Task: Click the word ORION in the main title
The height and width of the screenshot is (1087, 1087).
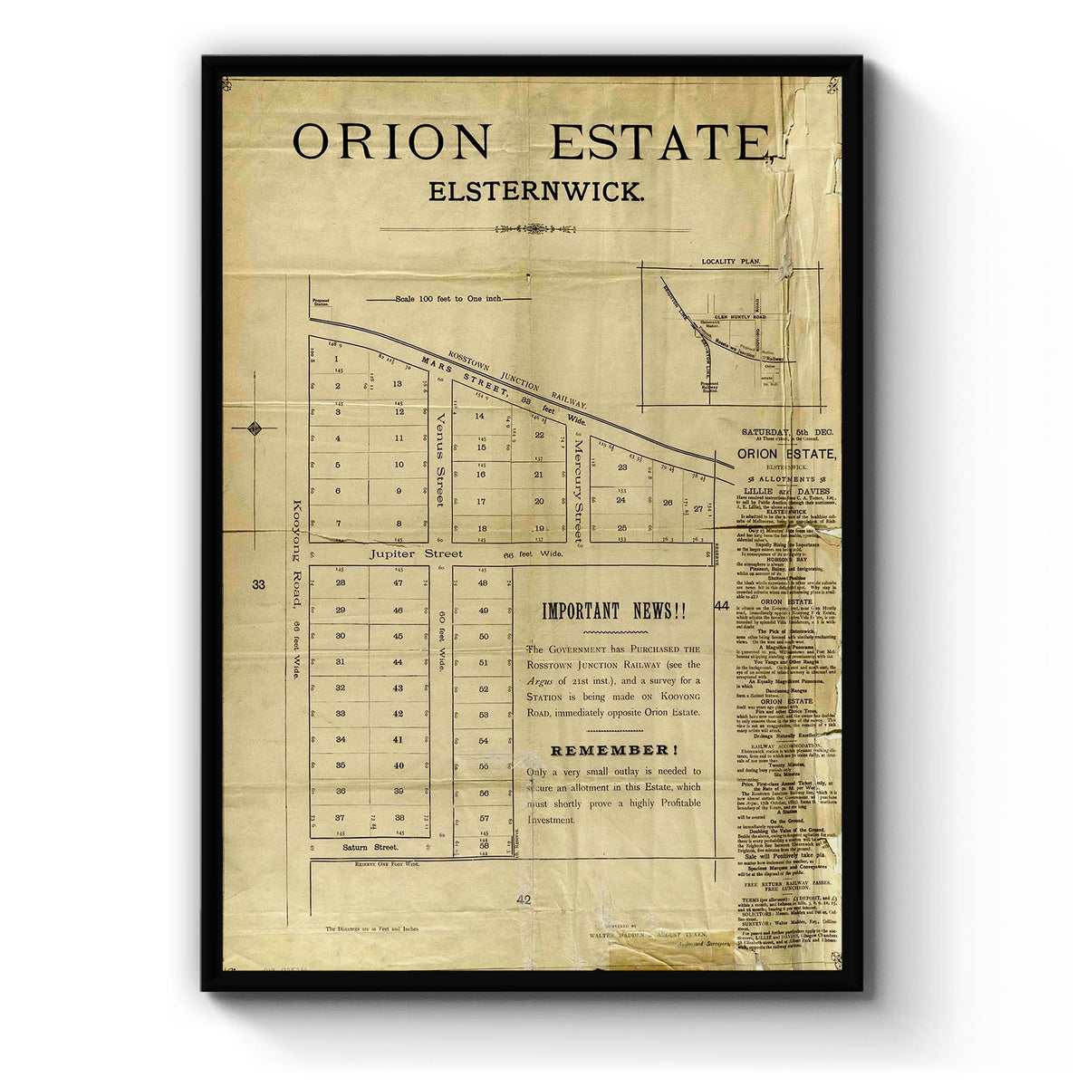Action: pos(390,142)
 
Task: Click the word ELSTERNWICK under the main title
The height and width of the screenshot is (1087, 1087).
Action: pos(536,192)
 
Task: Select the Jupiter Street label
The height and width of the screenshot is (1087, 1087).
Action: pos(403,553)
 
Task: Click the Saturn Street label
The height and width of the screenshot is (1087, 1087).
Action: pos(370,848)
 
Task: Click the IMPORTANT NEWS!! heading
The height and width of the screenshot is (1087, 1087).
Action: pos(614,611)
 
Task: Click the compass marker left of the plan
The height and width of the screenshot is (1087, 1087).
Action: pos(255,428)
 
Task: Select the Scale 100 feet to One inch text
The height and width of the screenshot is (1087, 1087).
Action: pos(450,298)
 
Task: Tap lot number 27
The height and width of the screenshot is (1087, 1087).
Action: pos(698,508)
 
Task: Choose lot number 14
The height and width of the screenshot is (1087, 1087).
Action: pos(480,416)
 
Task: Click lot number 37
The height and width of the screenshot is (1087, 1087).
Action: pos(340,817)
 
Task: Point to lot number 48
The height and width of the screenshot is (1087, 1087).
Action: pos(483,583)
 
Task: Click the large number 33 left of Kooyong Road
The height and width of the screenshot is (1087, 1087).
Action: pos(259,584)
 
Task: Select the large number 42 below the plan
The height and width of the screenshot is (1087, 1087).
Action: pos(523,899)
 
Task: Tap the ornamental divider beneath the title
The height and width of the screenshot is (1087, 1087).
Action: pos(535,229)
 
